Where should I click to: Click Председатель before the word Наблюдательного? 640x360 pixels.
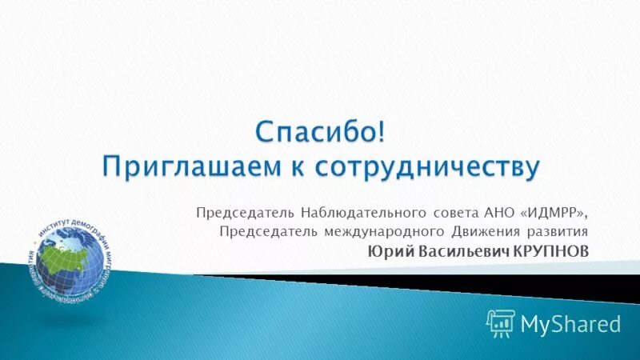coord(245,213)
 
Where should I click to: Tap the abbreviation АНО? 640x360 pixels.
coord(501,213)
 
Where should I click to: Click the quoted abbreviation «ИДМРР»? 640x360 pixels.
coord(557,213)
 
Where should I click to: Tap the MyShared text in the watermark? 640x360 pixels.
coord(570,323)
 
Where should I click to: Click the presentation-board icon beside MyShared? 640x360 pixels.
coord(500,322)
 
